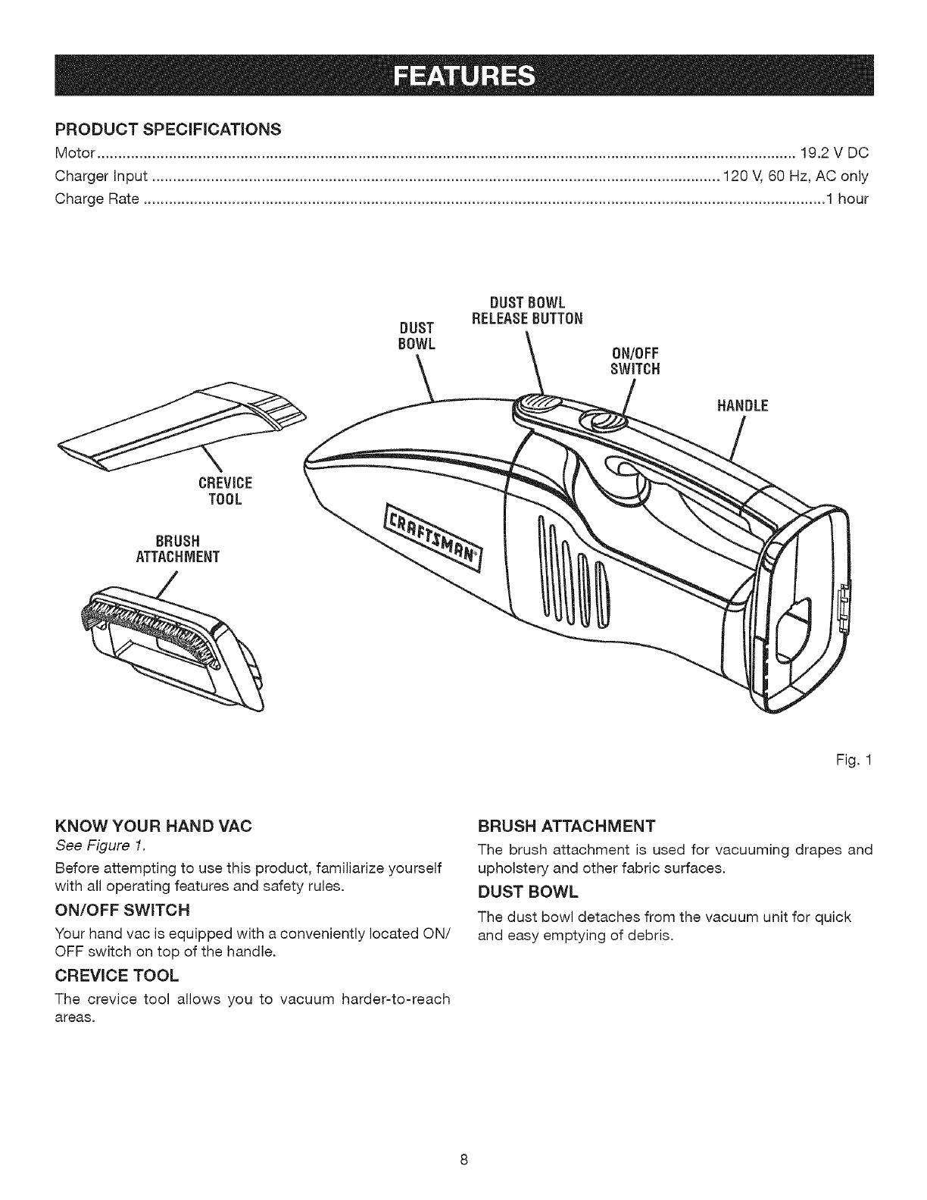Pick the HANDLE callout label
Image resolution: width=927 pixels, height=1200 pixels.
pyautogui.click(x=742, y=406)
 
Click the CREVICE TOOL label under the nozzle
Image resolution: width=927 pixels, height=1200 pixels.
pyautogui.click(x=224, y=491)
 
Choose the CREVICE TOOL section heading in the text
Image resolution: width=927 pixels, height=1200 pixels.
pyautogui.click(x=117, y=973)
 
